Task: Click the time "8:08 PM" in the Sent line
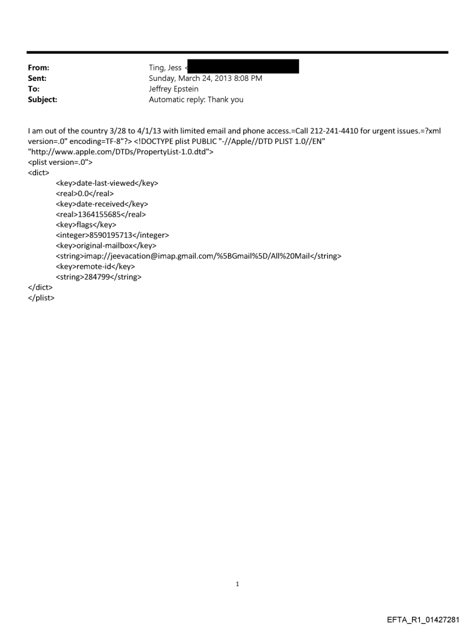247,78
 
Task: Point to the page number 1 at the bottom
238,584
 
